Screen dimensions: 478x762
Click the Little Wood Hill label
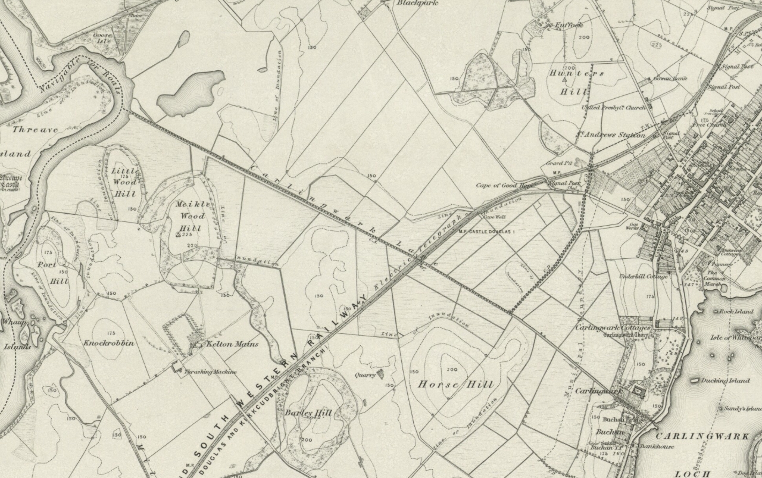pyautogui.click(x=125, y=182)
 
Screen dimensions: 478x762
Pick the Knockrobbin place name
pyautogui.click(x=108, y=343)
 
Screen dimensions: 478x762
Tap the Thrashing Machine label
pyautogui.click(x=210, y=372)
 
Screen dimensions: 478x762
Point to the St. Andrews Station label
pyautogui.click(x=610, y=135)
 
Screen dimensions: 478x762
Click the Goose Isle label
pyautogui.click(x=102, y=39)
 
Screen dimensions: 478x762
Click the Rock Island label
pyautogui.click(x=736, y=311)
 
